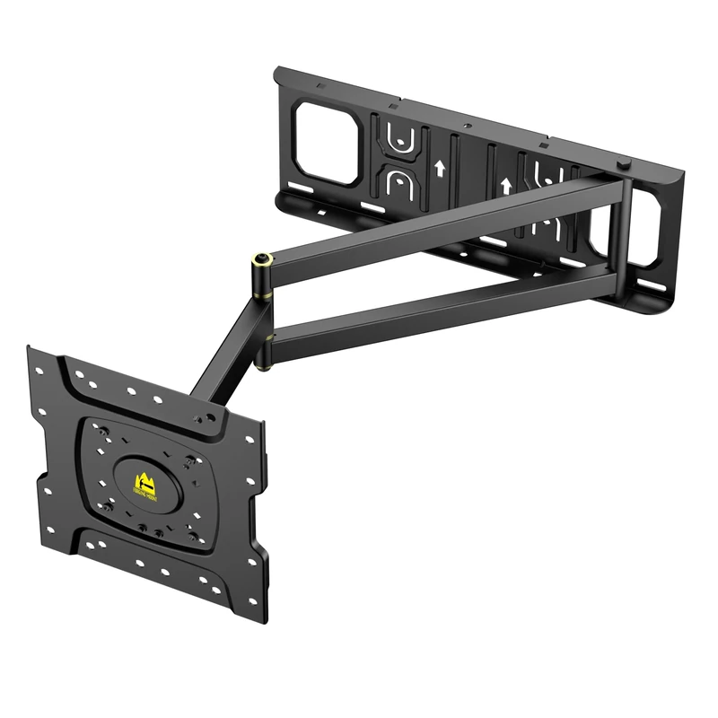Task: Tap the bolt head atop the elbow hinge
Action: pos(261,258)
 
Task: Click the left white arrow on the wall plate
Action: pos(438,167)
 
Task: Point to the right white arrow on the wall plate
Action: pos(506,186)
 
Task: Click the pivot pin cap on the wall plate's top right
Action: pos(623,165)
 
